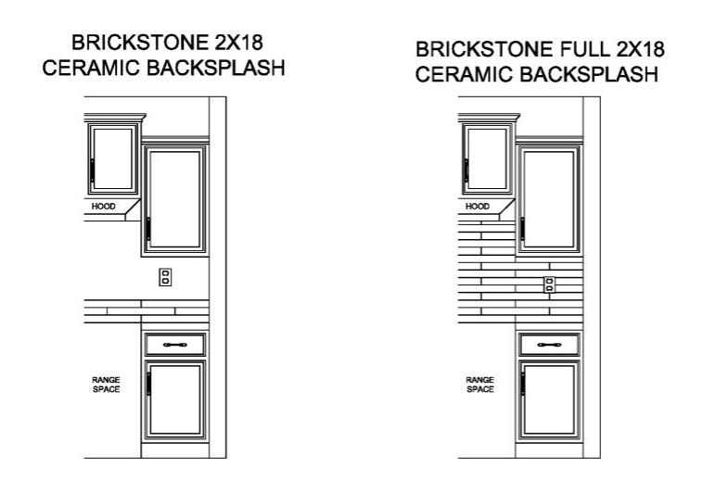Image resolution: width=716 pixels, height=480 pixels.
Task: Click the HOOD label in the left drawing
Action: (x=105, y=207)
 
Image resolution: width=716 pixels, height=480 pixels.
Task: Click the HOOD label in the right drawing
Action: (x=478, y=207)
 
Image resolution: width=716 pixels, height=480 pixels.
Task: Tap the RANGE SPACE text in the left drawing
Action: (x=105, y=385)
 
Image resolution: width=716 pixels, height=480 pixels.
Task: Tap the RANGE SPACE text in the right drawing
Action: (x=479, y=385)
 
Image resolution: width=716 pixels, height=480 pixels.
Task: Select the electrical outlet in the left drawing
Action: (x=165, y=277)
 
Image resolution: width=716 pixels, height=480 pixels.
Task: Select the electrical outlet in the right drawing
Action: (x=550, y=284)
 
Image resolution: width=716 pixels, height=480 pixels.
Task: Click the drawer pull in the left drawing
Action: (x=175, y=345)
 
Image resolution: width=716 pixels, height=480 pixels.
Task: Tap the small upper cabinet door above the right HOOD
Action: (x=487, y=158)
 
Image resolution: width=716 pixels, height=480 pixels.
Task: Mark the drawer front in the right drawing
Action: (x=550, y=345)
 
